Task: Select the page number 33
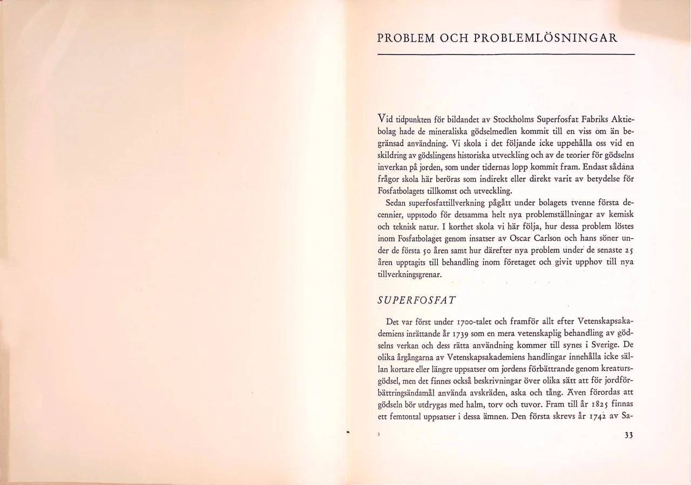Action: (628, 437)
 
